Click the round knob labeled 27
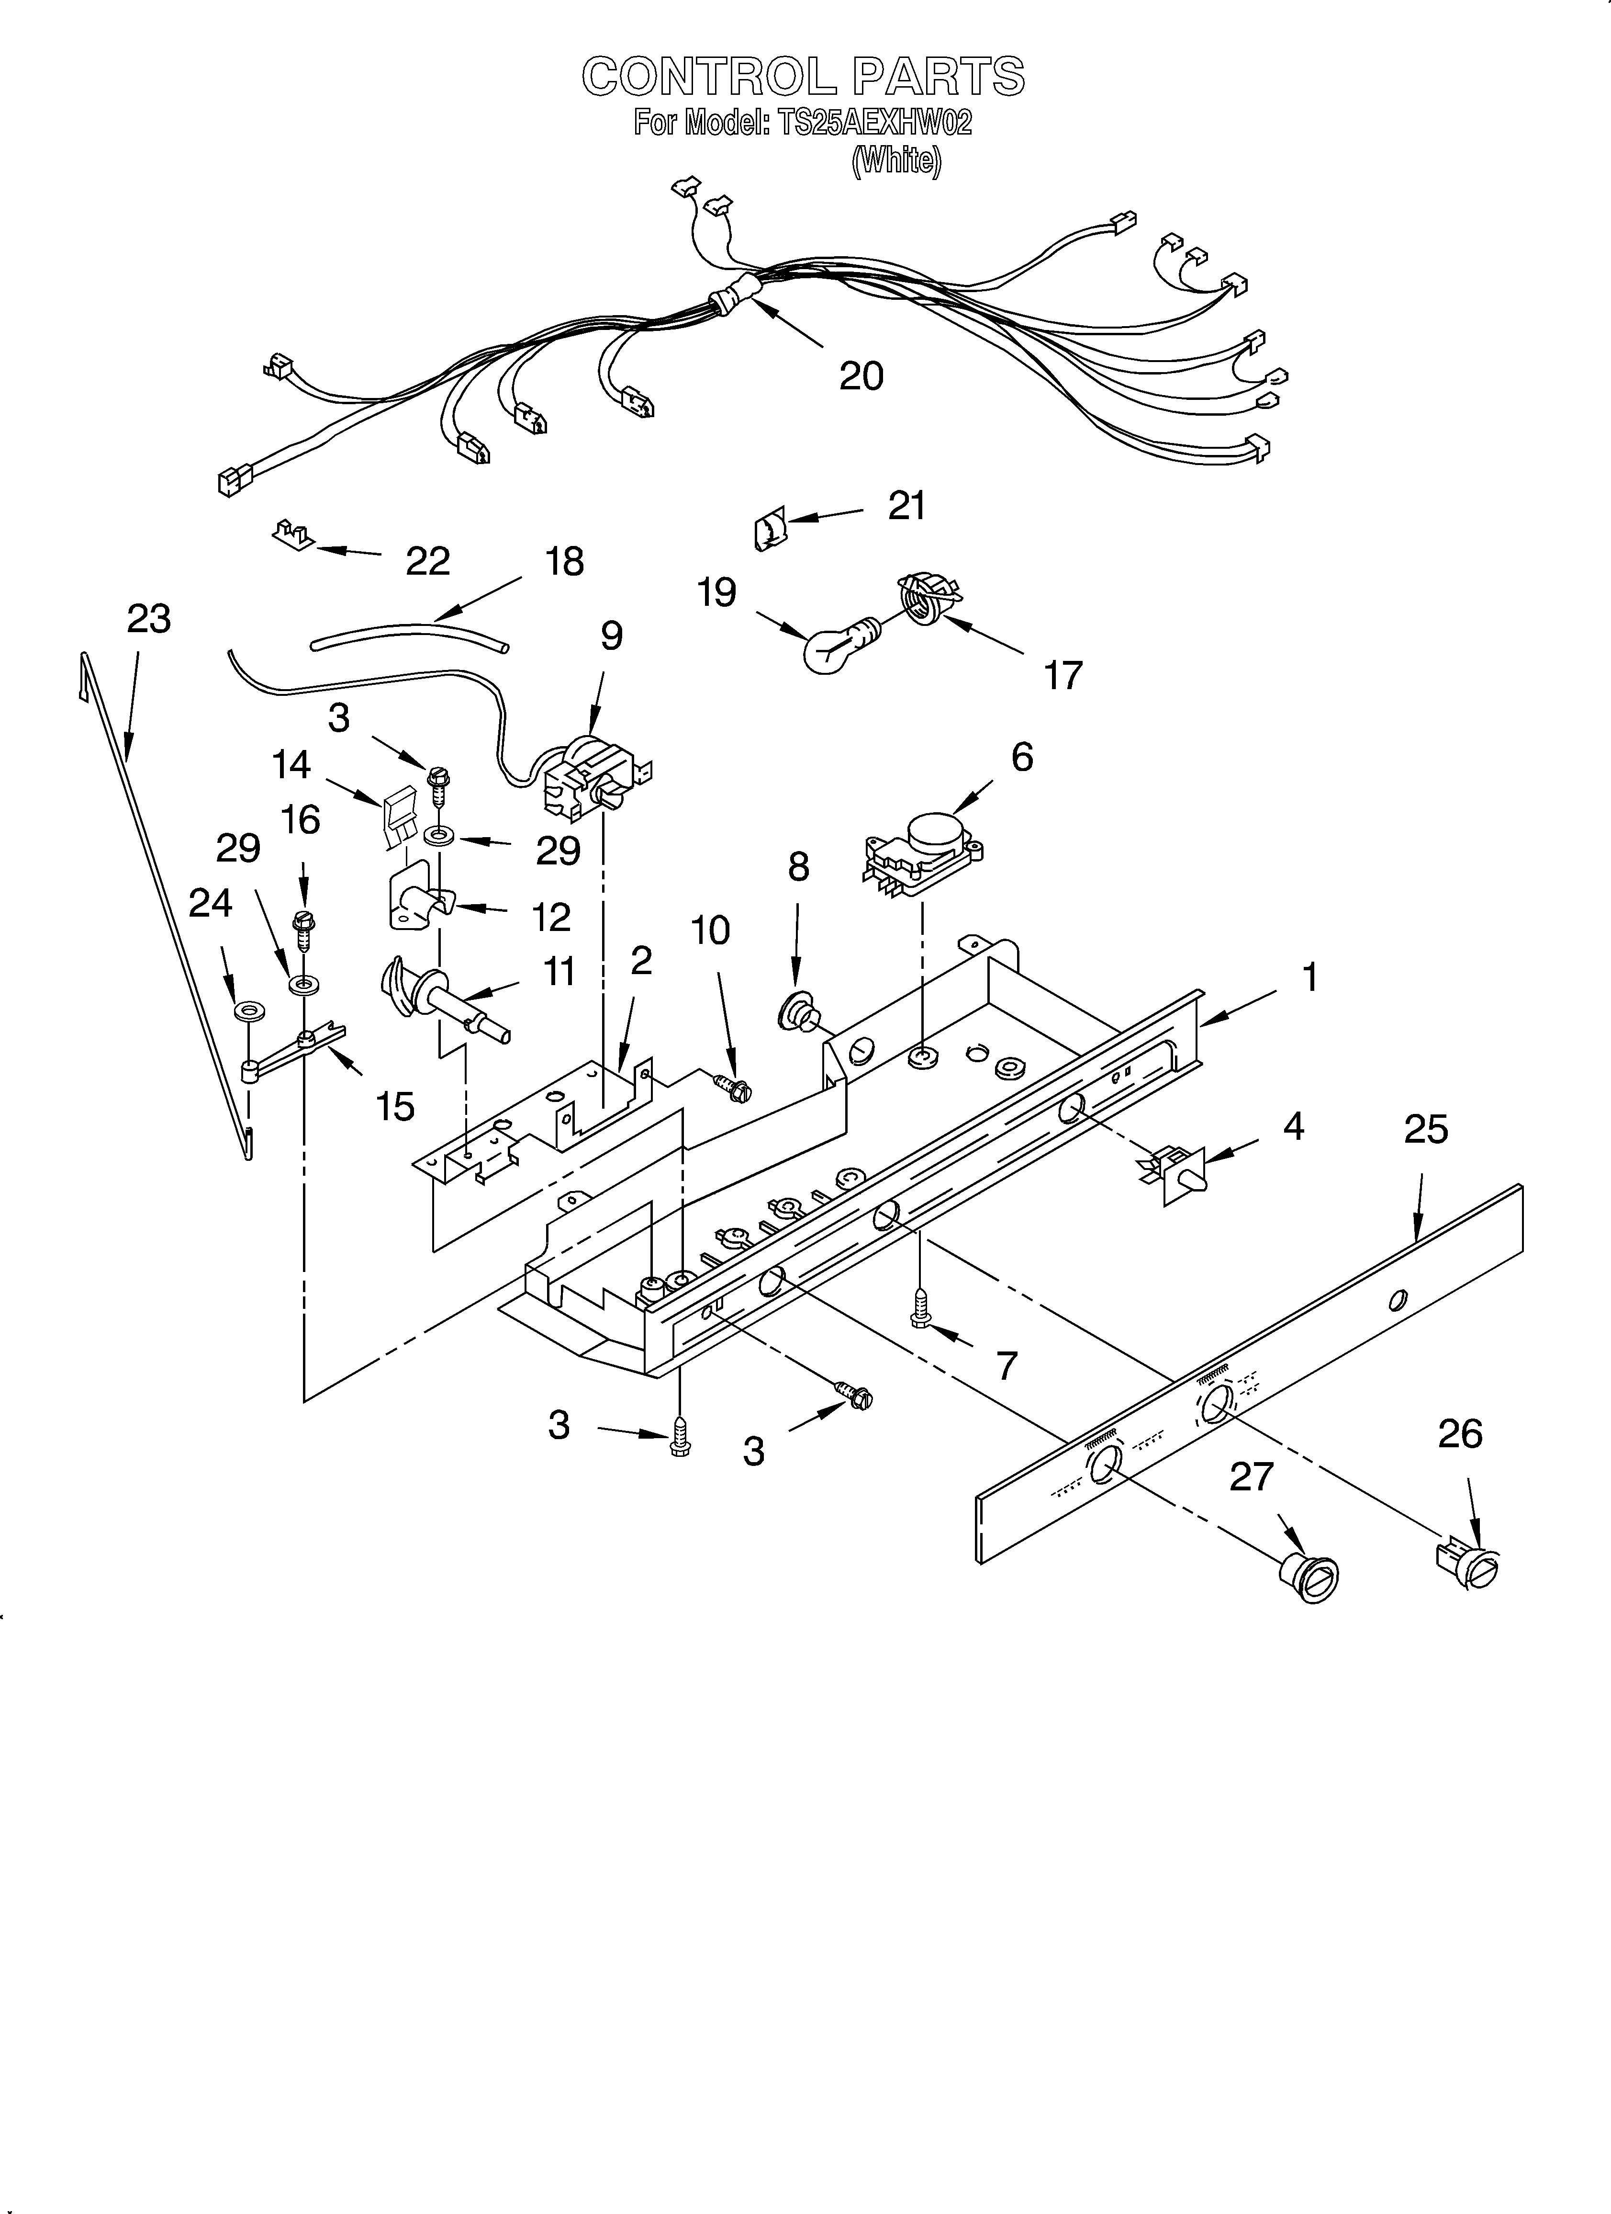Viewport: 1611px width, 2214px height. tap(1308, 1575)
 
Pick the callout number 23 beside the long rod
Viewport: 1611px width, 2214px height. tap(148, 619)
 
